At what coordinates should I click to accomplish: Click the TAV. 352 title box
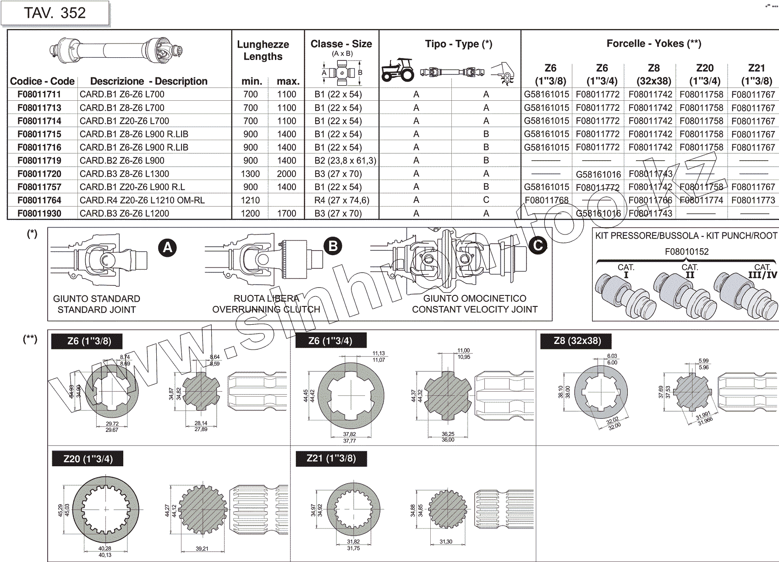55,13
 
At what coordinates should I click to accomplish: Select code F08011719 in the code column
39,161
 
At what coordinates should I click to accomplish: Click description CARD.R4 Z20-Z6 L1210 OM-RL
142,200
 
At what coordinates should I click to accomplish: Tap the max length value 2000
286,174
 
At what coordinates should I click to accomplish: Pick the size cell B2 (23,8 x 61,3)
345,161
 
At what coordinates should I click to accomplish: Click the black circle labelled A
168,248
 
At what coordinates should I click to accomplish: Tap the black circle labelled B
333,246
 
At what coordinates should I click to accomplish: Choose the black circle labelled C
538,245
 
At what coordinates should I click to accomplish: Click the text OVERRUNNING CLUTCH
266,310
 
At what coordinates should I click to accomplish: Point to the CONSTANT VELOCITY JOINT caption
474,310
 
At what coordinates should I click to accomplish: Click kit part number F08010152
686,251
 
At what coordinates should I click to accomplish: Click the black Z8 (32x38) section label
577,341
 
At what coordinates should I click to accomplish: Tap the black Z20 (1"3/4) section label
88,459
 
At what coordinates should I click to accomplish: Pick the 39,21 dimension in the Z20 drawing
202,549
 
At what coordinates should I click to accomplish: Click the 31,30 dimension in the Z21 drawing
446,542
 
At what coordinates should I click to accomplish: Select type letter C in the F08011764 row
486,200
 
